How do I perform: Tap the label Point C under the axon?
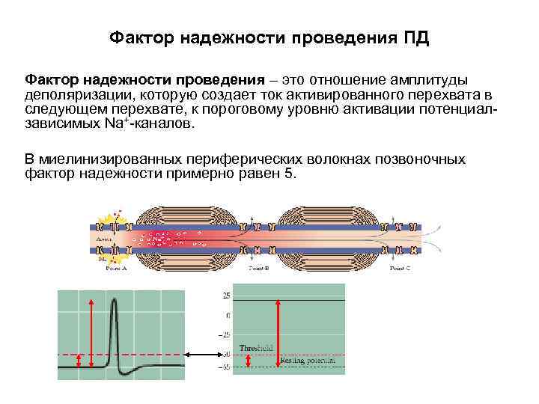click(397, 266)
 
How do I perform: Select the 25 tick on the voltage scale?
click(226, 296)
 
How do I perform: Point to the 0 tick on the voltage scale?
click(228, 315)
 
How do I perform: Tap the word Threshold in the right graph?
click(255, 348)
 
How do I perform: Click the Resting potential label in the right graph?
click(308, 361)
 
